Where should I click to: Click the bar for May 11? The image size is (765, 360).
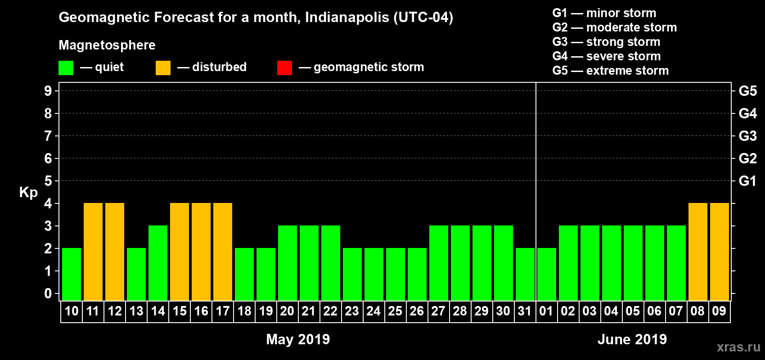93,252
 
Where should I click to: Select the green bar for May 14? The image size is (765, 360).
158,263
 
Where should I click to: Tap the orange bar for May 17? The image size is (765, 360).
223,252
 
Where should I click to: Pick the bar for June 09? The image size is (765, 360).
720,252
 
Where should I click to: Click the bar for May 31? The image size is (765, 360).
525,274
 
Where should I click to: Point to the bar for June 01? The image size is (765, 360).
547,274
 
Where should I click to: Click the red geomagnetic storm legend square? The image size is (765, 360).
284,67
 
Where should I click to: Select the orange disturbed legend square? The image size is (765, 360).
163,67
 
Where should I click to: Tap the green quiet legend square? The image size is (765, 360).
66,67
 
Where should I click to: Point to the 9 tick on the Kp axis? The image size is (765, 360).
48,91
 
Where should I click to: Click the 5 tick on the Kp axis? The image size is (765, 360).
48,181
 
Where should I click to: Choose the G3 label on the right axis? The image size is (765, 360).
747,136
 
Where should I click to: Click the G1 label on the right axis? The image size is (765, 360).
747,181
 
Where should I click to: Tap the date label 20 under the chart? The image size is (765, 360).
287,311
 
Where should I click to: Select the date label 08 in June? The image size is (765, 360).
697,311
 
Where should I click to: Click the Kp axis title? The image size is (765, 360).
28,193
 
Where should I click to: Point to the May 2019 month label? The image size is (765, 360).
298,339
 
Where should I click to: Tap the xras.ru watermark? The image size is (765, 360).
738,347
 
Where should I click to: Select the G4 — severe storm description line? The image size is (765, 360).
607,56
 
